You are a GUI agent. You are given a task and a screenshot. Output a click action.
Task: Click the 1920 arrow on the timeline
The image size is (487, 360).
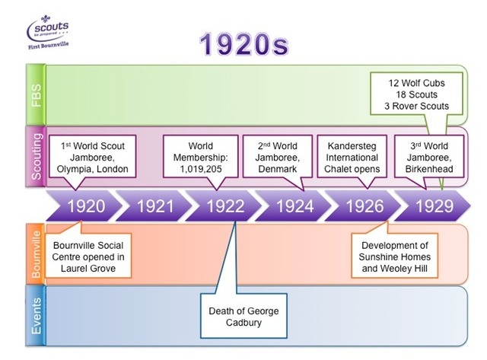point(84,206)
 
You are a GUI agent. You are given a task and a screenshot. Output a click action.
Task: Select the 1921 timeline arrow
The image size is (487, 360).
point(154,206)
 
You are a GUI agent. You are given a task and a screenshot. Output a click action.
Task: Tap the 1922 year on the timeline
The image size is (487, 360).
point(224,206)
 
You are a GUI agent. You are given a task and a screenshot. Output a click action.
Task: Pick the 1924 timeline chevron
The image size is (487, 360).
point(294,206)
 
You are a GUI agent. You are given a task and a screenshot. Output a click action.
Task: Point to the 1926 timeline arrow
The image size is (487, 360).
point(364,206)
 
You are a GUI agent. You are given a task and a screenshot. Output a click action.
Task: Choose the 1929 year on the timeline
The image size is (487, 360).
point(433,206)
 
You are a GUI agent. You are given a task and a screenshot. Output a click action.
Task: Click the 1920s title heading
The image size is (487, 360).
point(244,45)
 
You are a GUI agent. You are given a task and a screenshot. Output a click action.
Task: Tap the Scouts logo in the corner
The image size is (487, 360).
point(48,32)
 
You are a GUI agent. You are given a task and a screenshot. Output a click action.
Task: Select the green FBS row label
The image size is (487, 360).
point(36,94)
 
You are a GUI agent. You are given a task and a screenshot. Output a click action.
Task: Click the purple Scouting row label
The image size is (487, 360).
point(36,156)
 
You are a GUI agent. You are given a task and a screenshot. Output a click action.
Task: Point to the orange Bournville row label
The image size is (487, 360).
point(36,253)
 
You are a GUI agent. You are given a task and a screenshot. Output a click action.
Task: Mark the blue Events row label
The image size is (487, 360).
point(36,316)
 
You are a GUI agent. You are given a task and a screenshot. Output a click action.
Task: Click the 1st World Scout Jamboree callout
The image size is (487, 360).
point(93,157)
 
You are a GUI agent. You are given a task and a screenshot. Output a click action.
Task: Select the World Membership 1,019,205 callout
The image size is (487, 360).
point(201,157)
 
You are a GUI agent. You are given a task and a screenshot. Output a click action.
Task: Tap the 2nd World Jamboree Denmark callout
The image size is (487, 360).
point(277,157)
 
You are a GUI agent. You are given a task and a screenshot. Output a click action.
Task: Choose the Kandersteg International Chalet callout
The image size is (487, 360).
point(352,157)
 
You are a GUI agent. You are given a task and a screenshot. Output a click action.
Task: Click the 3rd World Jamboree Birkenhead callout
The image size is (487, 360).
point(429,157)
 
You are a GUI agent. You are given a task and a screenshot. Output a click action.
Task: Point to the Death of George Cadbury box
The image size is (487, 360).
point(243,316)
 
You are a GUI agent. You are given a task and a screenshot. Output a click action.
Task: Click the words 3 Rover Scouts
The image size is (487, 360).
point(416,107)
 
